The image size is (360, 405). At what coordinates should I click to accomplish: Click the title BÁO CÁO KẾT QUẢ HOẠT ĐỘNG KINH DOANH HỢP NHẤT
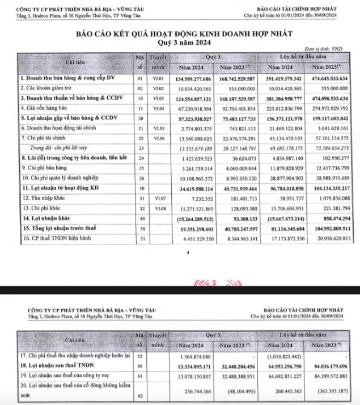pos(180,35)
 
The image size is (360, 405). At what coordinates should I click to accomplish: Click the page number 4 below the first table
pos(187,254)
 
